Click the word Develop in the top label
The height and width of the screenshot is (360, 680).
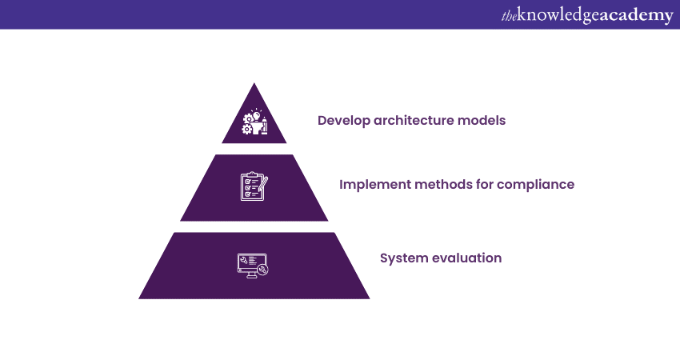click(x=343, y=121)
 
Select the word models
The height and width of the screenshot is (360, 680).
click(x=482, y=120)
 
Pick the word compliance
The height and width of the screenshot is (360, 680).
click(x=535, y=185)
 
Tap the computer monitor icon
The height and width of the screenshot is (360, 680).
click(x=253, y=266)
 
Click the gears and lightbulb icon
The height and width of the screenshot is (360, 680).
click(x=255, y=122)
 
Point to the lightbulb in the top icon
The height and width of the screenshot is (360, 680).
click(x=256, y=115)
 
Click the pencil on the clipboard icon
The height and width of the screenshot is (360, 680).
click(x=263, y=183)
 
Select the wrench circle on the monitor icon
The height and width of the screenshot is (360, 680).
click(x=262, y=270)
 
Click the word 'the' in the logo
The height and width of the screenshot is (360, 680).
click(x=509, y=16)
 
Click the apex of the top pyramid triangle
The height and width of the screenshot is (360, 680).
click(x=254, y=83)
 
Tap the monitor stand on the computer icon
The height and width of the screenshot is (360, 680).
click(x=251, y=275)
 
